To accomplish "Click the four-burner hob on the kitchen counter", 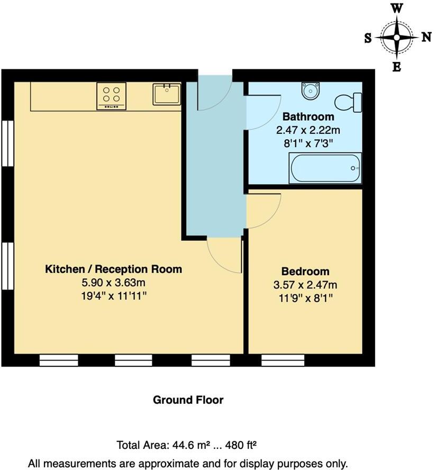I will pos(112,96).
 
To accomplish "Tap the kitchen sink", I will pos(167,95).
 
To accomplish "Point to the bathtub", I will pos(325,168).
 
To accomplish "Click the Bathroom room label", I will pos(308,116).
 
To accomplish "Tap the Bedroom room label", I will pos(305,272).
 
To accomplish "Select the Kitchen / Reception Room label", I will pos(113,269).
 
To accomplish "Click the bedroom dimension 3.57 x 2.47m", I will pos(305,285).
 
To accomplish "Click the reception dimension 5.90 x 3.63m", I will pos(113,283).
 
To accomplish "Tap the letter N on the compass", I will pos(426,37).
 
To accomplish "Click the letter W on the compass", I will pos(396,8).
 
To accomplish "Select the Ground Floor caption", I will pos(188,400).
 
